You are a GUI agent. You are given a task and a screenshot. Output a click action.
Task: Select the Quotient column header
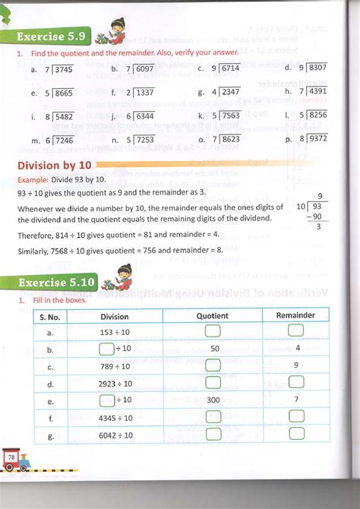(212, 315)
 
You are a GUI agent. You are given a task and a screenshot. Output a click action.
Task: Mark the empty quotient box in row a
(213, 330)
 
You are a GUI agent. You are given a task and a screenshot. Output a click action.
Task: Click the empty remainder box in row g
(296, 434)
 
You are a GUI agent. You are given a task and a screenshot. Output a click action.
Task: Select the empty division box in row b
(106, 348)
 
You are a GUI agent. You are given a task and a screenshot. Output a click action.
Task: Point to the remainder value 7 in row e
(298, 399)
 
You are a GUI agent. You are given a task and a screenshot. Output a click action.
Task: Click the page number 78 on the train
(11, 457)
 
